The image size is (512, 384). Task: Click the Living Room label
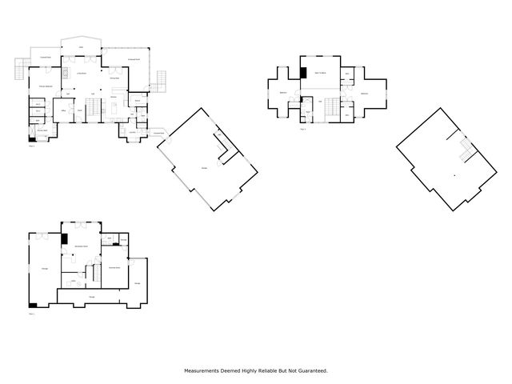(x=81, y=74)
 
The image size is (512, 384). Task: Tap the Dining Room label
(x=114, y=78)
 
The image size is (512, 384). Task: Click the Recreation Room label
(x=81, y=246)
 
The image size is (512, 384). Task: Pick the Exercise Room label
(x=114, y=267)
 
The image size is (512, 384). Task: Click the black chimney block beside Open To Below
(x=303, y=73)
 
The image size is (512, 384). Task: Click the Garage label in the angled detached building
(x=204, y=167)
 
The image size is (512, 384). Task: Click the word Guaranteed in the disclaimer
(x=314, y=370)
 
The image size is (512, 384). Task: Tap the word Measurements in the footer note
(x=205, y=370)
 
